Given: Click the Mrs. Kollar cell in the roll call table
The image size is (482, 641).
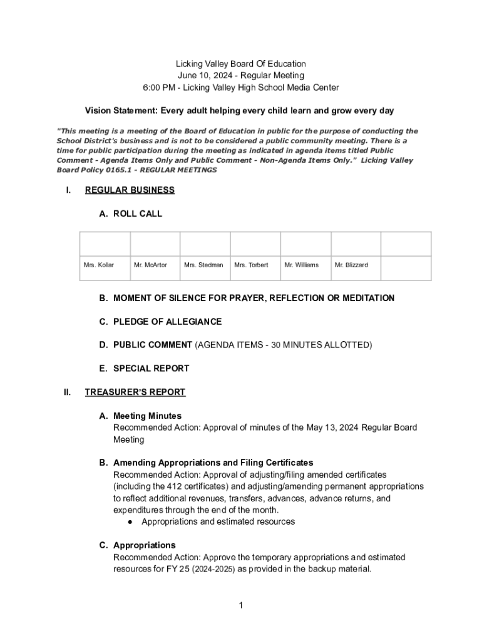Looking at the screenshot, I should tap(99, 265).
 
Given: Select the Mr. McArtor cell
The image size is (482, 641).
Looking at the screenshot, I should tap(150, 265).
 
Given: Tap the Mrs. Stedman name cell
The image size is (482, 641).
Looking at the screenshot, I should tap(203, 265).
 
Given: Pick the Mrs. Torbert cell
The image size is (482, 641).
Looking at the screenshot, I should tap(251, 265).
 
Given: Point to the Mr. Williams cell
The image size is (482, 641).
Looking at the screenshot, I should tap(301, 265).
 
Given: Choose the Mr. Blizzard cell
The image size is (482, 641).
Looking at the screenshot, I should tap(351, 265).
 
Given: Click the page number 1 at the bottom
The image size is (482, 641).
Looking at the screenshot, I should tap(240, 605).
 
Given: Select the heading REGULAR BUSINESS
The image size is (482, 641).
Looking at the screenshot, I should tap(130, 190).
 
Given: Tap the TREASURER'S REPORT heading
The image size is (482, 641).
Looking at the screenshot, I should tap(135, 392).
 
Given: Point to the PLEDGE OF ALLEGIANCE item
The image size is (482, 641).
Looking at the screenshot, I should tap(167, 322).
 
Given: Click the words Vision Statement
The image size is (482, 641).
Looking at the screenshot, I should tap(121, 111).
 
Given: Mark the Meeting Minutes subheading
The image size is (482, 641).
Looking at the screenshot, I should tap(147, 416).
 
